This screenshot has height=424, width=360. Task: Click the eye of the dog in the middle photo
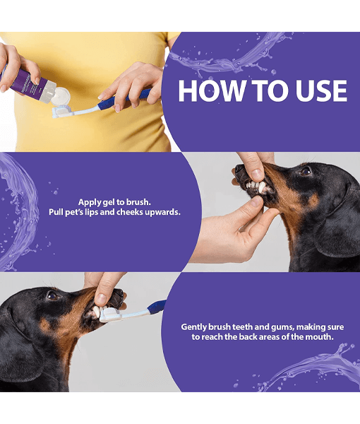[304, 171]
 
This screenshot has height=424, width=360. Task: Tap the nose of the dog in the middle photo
[241, 170]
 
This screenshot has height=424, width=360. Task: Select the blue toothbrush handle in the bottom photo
[157, 306]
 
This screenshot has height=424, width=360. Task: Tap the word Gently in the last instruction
[196, 326]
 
